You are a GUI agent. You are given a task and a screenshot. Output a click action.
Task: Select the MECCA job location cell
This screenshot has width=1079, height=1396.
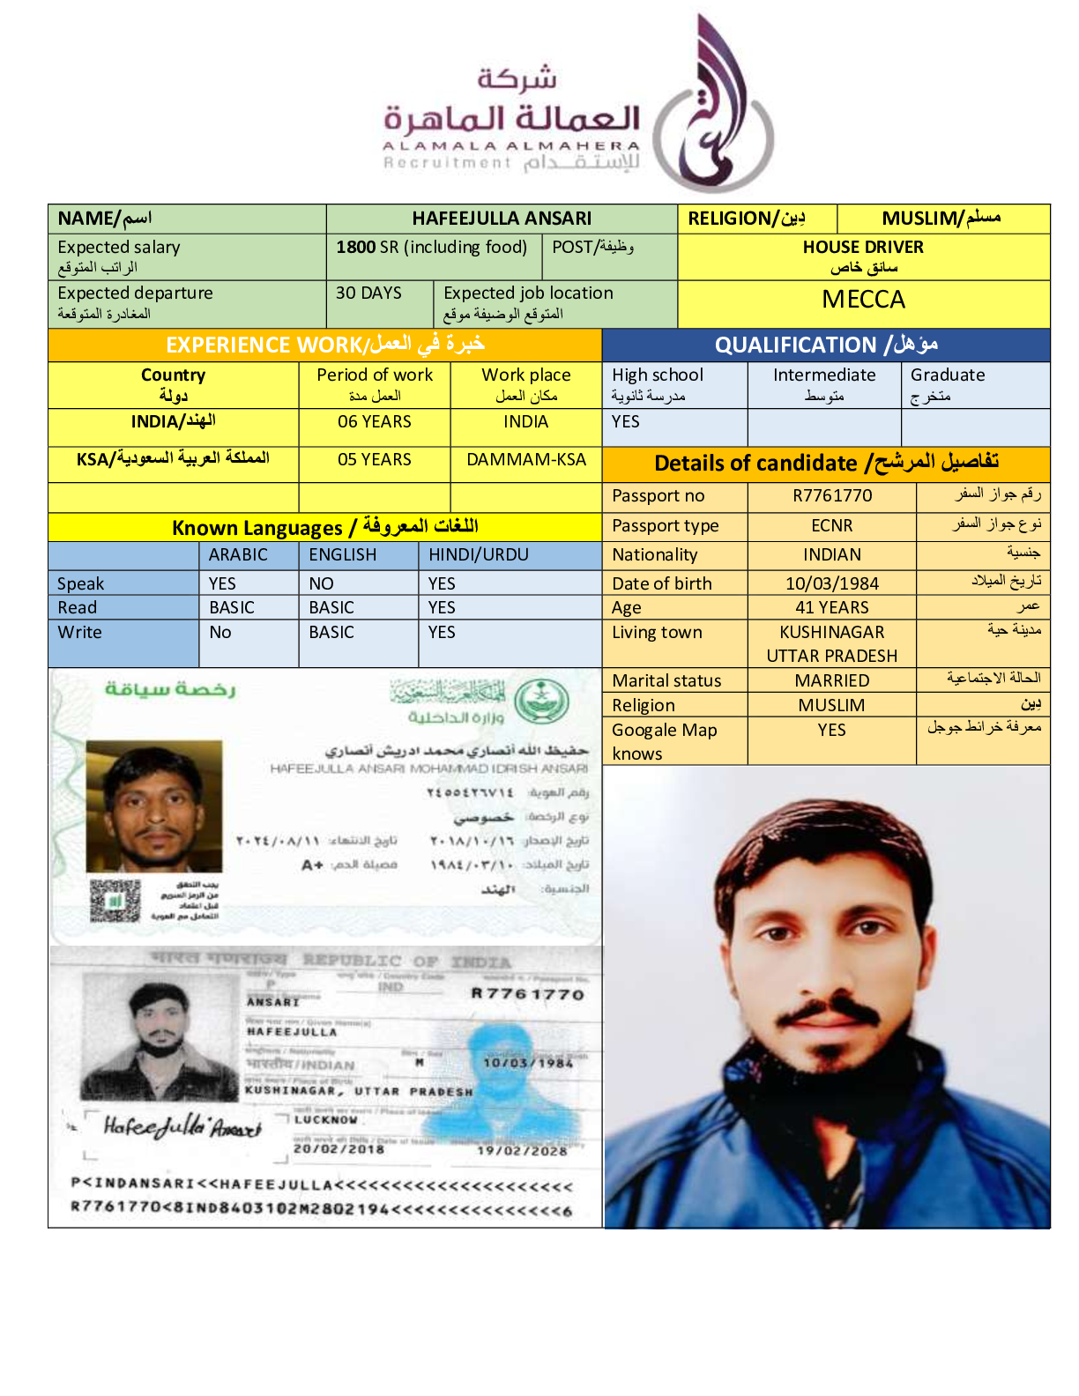click(x=863, y=301)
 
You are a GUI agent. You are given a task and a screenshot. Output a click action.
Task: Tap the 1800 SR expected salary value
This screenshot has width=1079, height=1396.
click(x=431, y=248)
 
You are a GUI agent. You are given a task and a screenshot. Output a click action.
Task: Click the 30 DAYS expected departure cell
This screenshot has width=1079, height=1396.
click(x=368, y=293)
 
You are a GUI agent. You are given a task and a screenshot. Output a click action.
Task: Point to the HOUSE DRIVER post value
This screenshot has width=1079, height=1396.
click(x=863, y=248)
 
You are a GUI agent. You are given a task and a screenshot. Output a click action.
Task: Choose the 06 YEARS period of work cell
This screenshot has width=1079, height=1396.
click(x=374, y=422)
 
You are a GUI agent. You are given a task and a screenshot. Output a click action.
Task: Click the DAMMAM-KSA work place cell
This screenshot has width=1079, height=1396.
click(x=526, y=460)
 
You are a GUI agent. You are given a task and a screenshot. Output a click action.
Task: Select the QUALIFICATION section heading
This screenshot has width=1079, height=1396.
click(x=825, y=345)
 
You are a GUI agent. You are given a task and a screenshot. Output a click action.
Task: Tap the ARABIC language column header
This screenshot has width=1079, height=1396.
click(x=238, y=555)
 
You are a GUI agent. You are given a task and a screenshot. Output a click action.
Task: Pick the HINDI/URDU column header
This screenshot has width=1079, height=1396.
click(x=479, y=555)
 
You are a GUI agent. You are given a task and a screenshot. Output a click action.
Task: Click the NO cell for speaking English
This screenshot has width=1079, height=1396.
click(x=321, y=584)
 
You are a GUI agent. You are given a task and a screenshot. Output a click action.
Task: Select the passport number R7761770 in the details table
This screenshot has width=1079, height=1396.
click(x=831, y=496)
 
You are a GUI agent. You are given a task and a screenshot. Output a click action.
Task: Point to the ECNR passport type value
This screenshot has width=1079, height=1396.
click(x=831, y=526)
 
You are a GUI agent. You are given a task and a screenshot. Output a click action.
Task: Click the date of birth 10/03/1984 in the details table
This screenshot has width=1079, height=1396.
click(x=831, y=584)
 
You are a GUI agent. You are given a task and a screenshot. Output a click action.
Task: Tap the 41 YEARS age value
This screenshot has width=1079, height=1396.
click(x=831, y=608)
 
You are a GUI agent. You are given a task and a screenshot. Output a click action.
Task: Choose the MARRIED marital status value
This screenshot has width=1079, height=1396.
click(x=831, y=681)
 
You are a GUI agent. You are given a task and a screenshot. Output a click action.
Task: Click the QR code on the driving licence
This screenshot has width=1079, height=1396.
click(x=115, y=901)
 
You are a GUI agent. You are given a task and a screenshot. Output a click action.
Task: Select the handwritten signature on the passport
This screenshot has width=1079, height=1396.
click(x=182, y=1126)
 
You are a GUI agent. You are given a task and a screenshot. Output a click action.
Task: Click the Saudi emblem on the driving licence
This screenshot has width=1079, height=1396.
click(x=541, y=702)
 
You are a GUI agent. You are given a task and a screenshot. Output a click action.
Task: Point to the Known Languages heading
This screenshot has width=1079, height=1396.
click(x=324, y=528)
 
